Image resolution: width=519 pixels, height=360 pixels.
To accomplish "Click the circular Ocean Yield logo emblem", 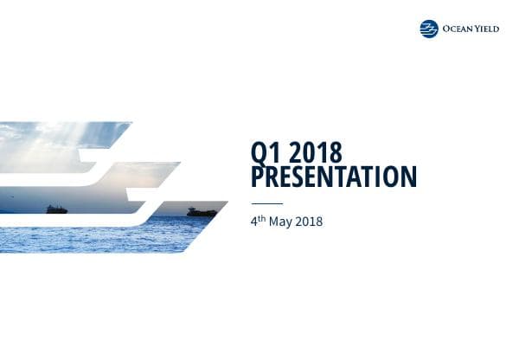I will (x=429, y=29).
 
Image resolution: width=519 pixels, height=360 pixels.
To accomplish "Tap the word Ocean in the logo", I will (x=456, y=29).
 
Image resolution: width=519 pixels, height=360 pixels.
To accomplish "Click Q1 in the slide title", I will (x=264, y=154).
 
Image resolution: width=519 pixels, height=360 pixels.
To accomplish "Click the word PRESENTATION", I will (x=333, y=177).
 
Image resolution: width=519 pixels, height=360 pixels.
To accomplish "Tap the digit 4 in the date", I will (x=253, y=222).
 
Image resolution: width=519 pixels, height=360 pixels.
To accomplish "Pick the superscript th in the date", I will (x=261, y=218).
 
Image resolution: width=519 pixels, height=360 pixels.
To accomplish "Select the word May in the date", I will (x=279, y=222).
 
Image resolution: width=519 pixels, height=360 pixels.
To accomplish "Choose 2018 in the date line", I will (x=308, y=222).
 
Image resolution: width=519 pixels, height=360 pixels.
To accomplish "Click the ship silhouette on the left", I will (x=57, y=209).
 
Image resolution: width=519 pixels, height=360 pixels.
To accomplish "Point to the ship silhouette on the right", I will (x=202, y=211).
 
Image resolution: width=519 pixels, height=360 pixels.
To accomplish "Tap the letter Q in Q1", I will (x=258, y=154).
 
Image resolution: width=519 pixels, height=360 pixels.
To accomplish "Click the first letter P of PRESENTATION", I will (x=257, y=177).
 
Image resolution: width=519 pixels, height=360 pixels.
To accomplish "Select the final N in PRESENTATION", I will (x=408, y=177).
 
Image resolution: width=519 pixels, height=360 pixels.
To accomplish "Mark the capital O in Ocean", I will (x=446, y=29).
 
